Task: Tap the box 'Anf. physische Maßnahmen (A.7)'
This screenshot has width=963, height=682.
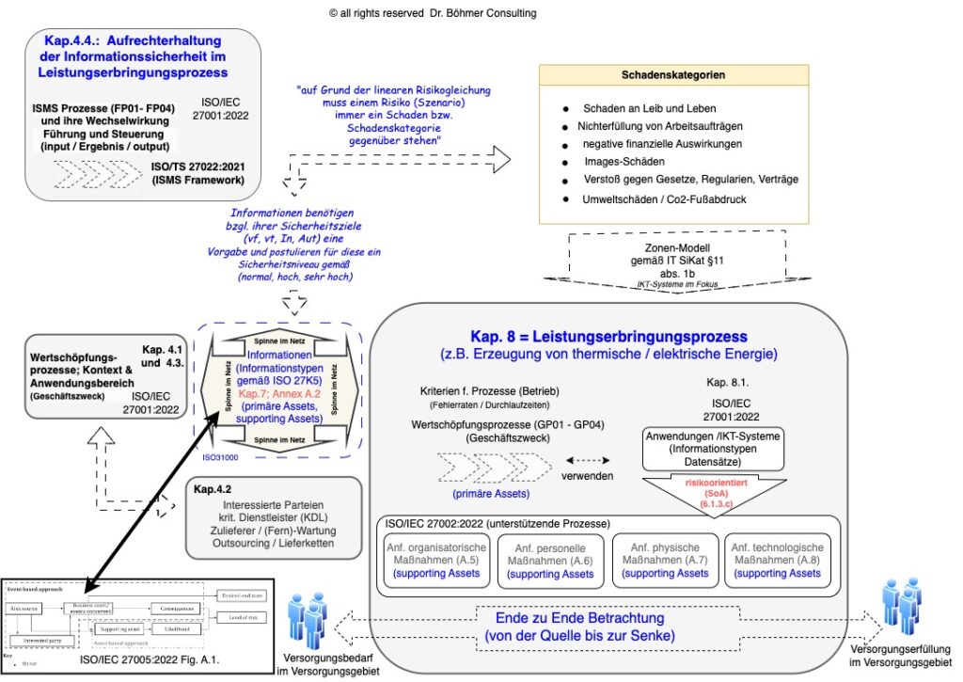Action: pos(666,560)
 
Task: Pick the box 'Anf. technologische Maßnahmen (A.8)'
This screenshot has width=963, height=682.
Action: pos(777,560)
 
